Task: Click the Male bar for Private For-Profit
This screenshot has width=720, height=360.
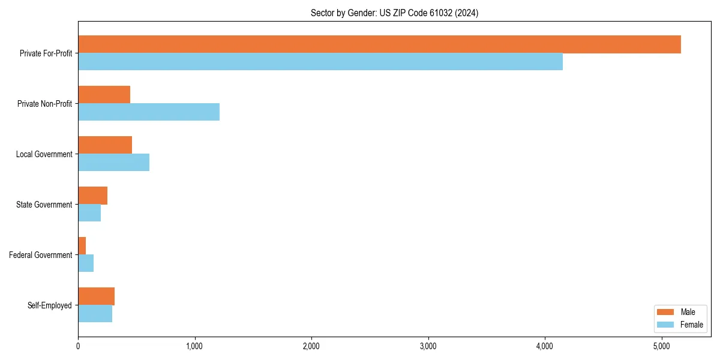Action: (x=379, y=44)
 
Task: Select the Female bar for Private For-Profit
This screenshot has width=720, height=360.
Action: (x=320, y=62)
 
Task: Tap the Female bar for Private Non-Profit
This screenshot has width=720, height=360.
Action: (x=149, y=112)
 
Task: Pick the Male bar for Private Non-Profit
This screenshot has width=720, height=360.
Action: (x=104, y=95)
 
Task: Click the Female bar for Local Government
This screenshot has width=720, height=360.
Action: (x=114, y=163)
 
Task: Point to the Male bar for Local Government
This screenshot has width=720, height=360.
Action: (x=105, y=145)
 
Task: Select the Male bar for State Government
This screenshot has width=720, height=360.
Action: (x=93, y=196)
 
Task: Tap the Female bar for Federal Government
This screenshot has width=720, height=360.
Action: (x=86, y=263)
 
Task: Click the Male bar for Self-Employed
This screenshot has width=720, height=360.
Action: (x=97, y=296)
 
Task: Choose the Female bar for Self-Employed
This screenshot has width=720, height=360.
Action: (x=95, y=314)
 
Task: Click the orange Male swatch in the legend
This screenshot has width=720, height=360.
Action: (x=666, y=312)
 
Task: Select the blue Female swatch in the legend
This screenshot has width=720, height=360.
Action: (x=666, y=325)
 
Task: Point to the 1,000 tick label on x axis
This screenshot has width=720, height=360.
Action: (x=194, y=346)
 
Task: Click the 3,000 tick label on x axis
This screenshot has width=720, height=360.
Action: (x=428, y=346)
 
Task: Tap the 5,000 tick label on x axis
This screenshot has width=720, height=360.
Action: (x=661, y=346)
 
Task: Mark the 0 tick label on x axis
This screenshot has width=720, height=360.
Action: (x=78, y=346)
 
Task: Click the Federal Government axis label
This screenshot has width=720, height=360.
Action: (x=41, y=255)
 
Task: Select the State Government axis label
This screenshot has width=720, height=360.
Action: (x=44, y=205)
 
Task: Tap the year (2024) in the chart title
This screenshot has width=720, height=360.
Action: (x=467, y=13)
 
